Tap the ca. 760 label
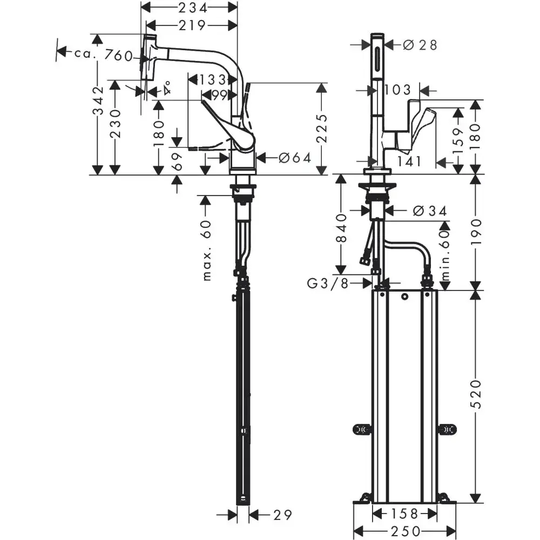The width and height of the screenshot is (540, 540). [x=103, y=53]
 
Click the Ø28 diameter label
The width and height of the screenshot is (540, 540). [x=420, y=45]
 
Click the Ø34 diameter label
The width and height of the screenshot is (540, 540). [x=429, y=211]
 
